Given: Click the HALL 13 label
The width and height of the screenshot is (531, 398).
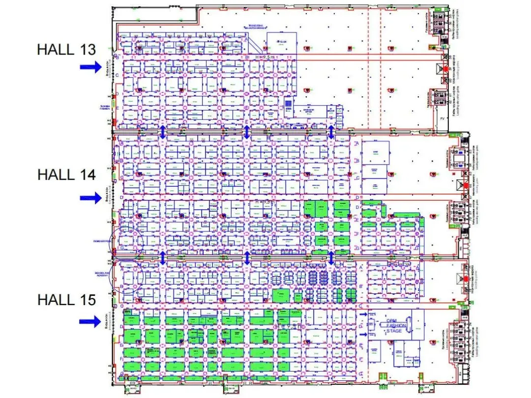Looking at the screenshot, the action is (66, 49).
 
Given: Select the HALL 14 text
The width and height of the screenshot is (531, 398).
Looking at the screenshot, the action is (66, 174).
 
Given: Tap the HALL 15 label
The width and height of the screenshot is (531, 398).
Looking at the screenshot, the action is (66, 299).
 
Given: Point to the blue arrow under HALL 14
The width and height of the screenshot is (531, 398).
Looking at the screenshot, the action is (91, 198).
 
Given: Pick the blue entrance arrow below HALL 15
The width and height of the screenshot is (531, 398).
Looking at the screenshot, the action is (91, 321).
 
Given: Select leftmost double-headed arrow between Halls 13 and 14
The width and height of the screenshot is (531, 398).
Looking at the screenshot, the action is (163, 131).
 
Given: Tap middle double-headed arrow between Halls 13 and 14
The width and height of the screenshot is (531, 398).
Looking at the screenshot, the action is (247, 131).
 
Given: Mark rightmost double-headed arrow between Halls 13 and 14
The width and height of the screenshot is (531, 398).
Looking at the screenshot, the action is (331, 131).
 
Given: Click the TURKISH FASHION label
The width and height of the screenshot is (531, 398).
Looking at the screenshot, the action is (105, 107).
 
